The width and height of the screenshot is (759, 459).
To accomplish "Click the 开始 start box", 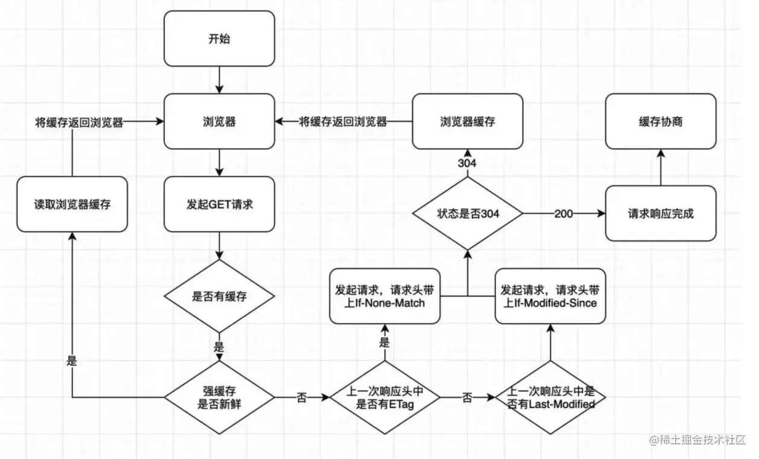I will [219, 39].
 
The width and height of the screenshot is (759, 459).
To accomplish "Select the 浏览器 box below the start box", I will [219, 121].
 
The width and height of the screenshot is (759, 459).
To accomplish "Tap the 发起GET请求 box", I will [219, 204].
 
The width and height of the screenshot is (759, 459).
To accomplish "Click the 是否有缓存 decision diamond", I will [219, 296].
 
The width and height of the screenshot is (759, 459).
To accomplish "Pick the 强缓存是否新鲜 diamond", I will [219, 397].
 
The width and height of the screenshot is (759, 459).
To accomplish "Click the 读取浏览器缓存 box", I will [72, 204].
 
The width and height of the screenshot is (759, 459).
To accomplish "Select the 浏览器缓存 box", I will [467, 121].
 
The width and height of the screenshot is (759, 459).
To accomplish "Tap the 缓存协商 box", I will [660, 121].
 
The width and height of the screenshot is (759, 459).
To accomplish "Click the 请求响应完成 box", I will [660, 213].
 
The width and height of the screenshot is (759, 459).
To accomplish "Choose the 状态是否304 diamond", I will [467, 213].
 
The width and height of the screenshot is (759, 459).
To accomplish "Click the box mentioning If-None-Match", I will [385, 296].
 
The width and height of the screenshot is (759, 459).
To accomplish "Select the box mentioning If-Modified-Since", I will [549, 296].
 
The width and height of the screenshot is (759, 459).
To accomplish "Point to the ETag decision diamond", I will [385, 397].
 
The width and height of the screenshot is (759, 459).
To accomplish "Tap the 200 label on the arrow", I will [564, 214].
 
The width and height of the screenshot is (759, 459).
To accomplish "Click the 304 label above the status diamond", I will [467, 164].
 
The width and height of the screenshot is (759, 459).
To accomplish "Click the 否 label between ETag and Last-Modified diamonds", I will [467, 398].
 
